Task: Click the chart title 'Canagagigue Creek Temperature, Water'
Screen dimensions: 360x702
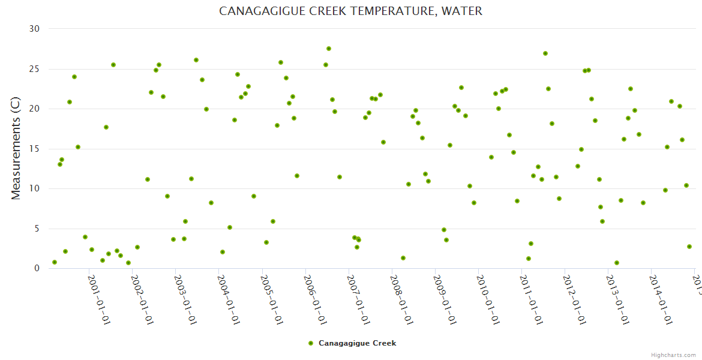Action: click(350, 11)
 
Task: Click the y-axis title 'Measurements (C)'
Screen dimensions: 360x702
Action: click(16, 148)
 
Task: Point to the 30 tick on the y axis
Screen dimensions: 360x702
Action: click(35, 29)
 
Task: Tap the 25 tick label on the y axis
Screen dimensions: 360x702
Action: click(35, 69)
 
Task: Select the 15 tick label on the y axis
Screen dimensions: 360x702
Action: click(35, 149)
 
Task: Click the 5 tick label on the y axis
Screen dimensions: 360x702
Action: click(37, 229)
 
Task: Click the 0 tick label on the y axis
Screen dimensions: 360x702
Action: click(37, 268)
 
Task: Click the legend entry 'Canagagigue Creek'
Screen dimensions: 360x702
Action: click(357, 343)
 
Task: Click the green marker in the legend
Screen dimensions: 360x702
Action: click(311, 343)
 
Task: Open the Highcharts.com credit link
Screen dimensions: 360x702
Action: click(673, 355)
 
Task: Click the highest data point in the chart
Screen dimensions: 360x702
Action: click(329, 49)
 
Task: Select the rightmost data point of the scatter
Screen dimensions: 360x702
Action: click(689, 247)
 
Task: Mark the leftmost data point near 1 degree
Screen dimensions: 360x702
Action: click(55, 262)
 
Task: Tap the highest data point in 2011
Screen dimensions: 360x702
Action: click(545, 53)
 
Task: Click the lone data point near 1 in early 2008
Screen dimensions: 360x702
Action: click(403, 258)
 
